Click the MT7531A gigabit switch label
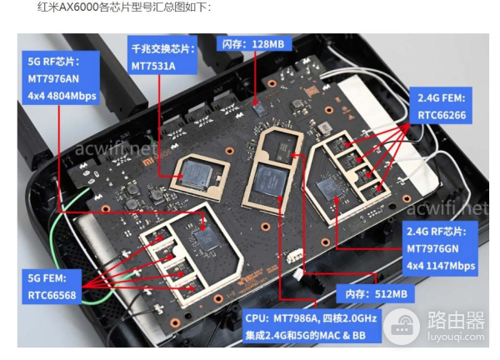coord(162,55)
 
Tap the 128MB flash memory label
coord(254,43)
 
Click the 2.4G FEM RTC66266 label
coord(441,106)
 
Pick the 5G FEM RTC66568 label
coord(52,286)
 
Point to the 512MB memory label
coord(376,293)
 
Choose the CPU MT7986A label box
coord(311,326)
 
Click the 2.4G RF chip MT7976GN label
coord(441,248)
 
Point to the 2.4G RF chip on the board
coord(329,188)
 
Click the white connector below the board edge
coord(295,255)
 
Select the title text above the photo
coord(124,7)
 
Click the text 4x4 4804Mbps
coord(62,96)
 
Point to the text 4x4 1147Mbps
coord(441,266)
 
